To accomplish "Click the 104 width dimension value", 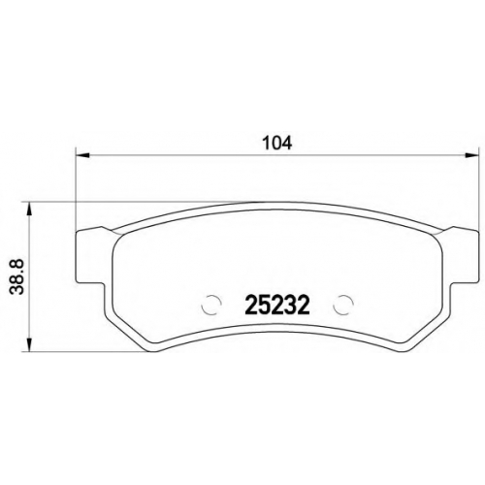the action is (x=277, y=143).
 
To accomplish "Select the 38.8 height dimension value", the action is (x=16, y=276).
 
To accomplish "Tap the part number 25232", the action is (x=277, y=306).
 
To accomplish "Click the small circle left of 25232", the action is (x=211, y=305).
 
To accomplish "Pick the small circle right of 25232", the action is (x=343, y=305).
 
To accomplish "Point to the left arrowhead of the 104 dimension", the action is (x=81, y=156).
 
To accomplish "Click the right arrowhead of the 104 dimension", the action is (x=471, y=156).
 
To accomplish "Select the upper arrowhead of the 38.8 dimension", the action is (x=29, y=209).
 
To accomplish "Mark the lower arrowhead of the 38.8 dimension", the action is (x=29, y=344).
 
